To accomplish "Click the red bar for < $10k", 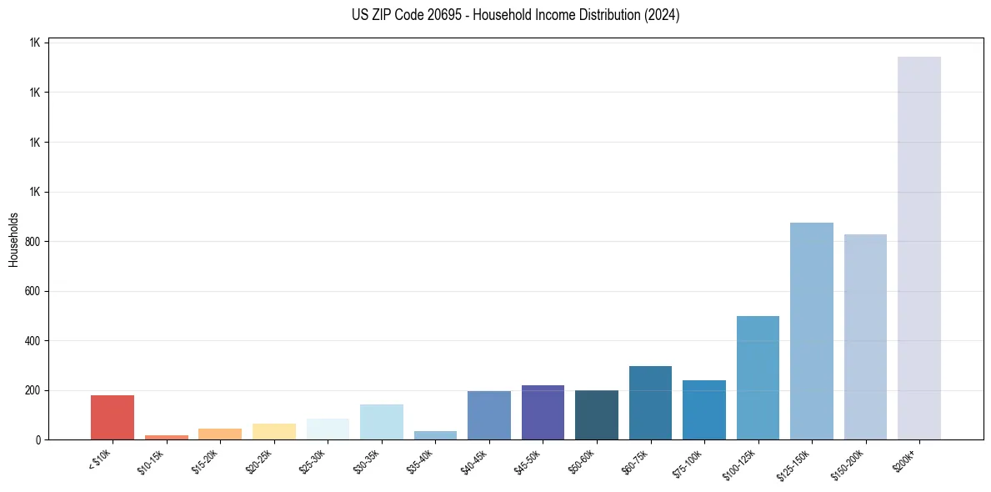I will click(x=112, y=417).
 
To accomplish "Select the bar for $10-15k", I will click(x=166, y=437).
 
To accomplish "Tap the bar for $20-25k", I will click(x=273, y=432).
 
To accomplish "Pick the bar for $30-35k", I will click(x=381, y=422).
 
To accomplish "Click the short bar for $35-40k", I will click(x=435, y=435).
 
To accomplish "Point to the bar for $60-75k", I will click(x=650, y=403).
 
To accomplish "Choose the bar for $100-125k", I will click(x=758, y=378).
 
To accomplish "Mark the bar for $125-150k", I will click(x=811, y=331).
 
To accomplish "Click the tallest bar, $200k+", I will click(x=918, y=248).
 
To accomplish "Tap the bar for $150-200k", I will click(x=865, y=337).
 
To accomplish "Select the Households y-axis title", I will click(x=13, y=239).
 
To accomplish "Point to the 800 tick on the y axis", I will click(x=32, y=242).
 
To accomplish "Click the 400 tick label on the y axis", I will click(x=32, y=341).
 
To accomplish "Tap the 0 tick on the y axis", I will click(x=38, y=440).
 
